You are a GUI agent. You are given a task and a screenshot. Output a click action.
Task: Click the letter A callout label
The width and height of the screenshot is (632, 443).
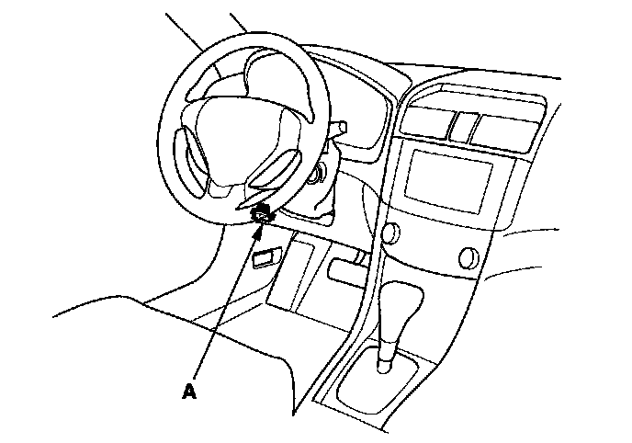[189, 391]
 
